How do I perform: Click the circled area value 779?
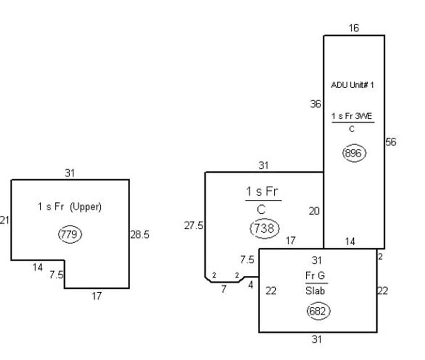(70, 234)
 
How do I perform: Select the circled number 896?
(354, 153)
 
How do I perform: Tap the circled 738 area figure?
(264, 229)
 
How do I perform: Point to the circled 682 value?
(318, 311)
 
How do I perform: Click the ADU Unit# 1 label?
(352, 85)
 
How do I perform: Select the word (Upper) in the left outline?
(85, 207)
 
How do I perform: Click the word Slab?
(315, 291)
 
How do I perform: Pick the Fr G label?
(315, 275)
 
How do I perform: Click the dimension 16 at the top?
(354, 28)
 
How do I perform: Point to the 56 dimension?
(391, 142)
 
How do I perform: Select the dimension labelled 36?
(315, 104)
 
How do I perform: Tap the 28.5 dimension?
(140, 235)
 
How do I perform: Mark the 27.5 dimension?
(194, 226)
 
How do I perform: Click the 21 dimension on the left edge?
(4, 221)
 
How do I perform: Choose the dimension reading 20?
(314, 211)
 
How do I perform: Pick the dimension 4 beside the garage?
(251, 285)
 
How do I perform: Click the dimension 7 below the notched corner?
(224, 289)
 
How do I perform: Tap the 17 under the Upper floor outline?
(96, 296)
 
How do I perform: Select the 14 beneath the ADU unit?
(350, 241)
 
